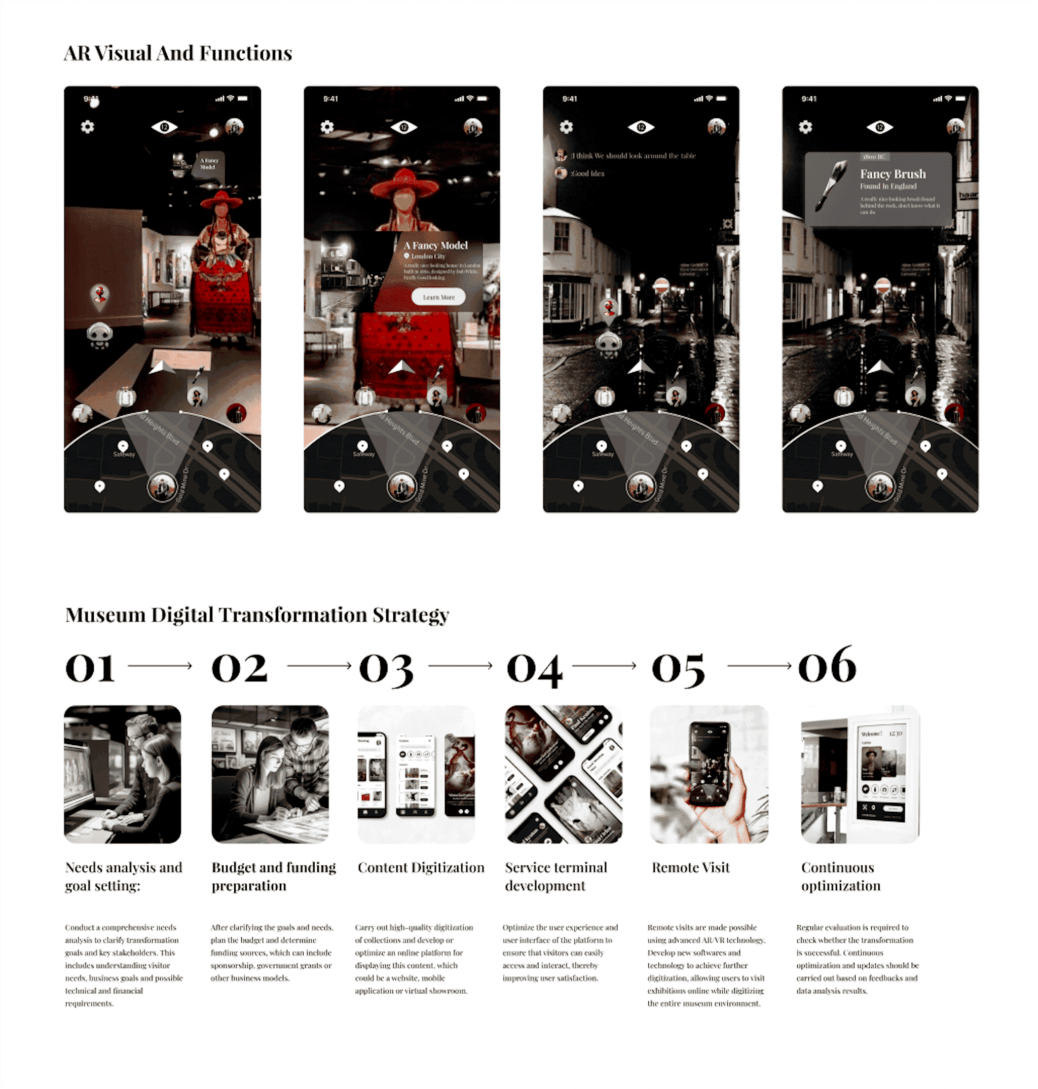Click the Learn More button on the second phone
click(x=438, y=297)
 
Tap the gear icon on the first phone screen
click(x=87, y=127)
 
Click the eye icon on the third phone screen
click(x=641, y=127)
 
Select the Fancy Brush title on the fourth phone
click(x=893, y=174)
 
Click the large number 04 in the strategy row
click(x=535, y=668)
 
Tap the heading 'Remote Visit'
click(x=690, y=867)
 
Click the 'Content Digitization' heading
click(x=421, y=867)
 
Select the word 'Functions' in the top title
click(x=245, y=54)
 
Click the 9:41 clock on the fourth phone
click(x=808, y=99)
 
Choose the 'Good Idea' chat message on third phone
click(x=587, y=174)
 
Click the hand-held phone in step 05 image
click(x=710, y=764)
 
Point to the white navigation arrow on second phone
click(x=402, y=368)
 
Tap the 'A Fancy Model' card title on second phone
click(x=435, y=245)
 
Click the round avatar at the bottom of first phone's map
click(x=162, y=487)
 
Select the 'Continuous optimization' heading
click(x=840, y=876)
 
